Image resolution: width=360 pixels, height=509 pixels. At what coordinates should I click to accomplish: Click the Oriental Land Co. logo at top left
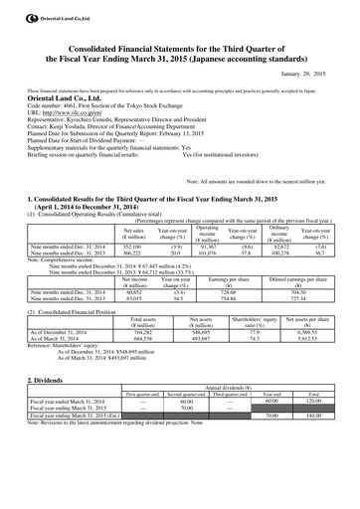pos(11,10)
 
